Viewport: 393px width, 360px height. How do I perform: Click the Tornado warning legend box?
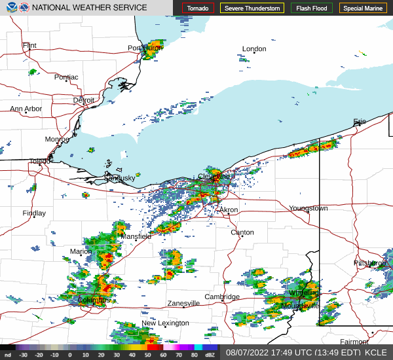coord(198,9)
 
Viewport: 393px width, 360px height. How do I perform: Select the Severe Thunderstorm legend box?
coord(252,9)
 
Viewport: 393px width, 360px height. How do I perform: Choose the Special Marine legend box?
coord(362,9)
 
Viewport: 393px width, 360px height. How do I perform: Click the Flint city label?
coord(29,46)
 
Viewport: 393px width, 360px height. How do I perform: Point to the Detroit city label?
coord(84,100)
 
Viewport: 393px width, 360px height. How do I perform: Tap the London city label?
coord(254,49)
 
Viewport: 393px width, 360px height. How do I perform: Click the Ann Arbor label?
coord(26,109)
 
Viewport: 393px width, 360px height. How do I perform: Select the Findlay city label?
coord(34,213)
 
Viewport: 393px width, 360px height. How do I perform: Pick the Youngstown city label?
coord(308,209)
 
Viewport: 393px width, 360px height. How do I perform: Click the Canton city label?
coord(242,232)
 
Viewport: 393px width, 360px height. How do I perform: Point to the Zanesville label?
coord(183,304)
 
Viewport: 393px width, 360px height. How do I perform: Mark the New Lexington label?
coord(165,323)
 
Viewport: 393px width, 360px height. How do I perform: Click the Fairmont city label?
coord(354,342)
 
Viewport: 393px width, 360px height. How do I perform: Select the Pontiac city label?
coord(66,77)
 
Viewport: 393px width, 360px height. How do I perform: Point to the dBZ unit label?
coord(210,355)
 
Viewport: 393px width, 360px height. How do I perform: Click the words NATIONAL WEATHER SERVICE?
coord(89,8)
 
